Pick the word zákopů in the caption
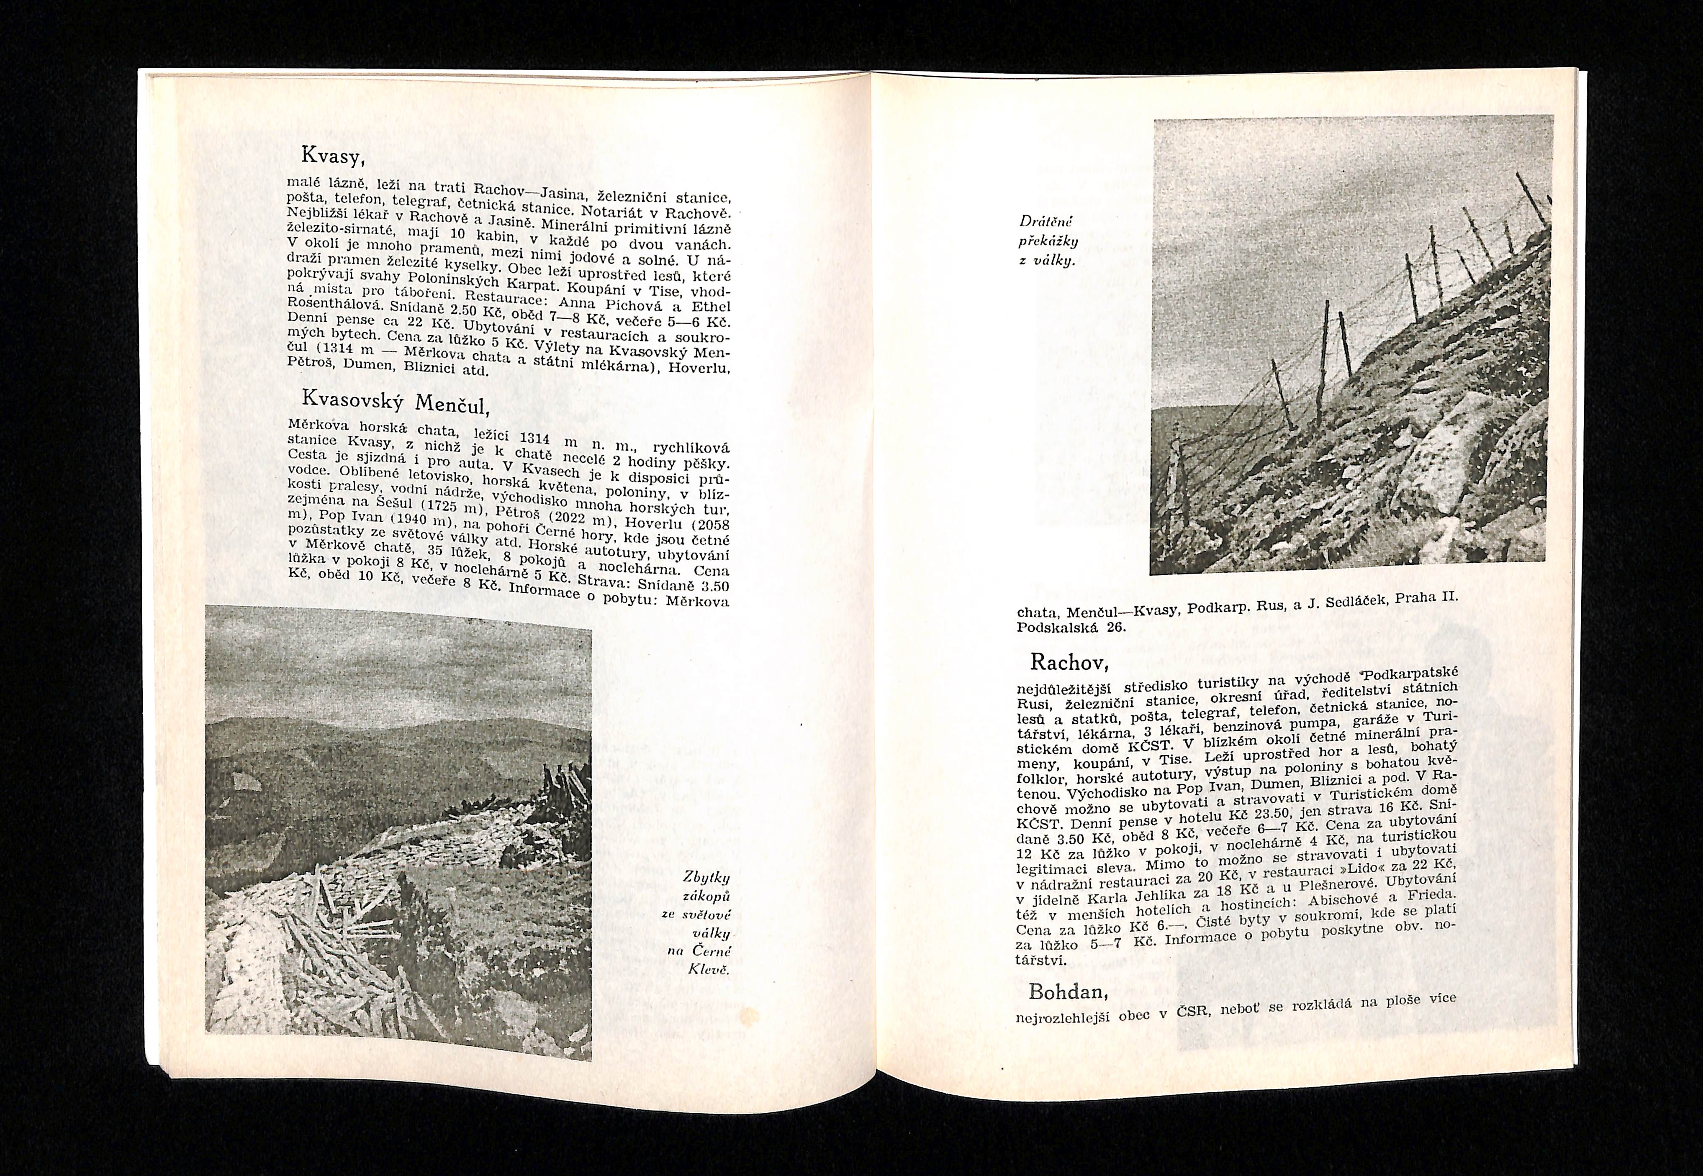click(708, 897)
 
